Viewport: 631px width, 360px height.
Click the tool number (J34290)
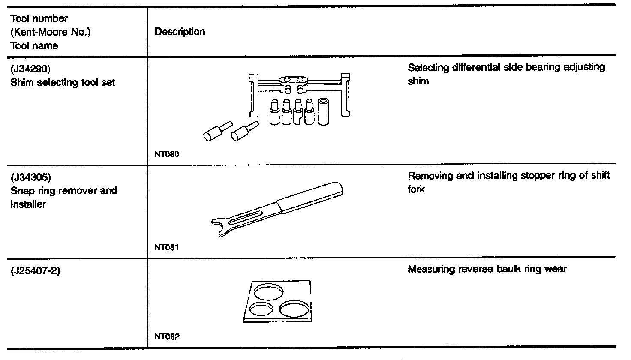pyautogui.click(x=30, y=69)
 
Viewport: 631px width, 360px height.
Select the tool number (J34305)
pyautogui.click(x=30, y=177)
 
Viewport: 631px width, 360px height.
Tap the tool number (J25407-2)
pyautogui.click(x=36, y=270)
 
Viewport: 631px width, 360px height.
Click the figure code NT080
pyautogui.click(x=167, y=154)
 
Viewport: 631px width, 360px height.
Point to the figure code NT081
pyautogui.click(x=167, y=247)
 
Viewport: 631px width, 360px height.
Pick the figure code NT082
pyautogui.click(x=167, y=336)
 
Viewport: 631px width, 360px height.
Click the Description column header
pyautogui.click(x=180, y=32)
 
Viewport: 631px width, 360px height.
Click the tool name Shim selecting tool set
pyautogui.click(x=63, y=82)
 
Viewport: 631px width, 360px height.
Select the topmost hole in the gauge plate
pyautogui.click(x=269, y=291)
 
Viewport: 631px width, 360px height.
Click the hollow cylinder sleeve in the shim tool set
pyautogui.click(x=324, y=111)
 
